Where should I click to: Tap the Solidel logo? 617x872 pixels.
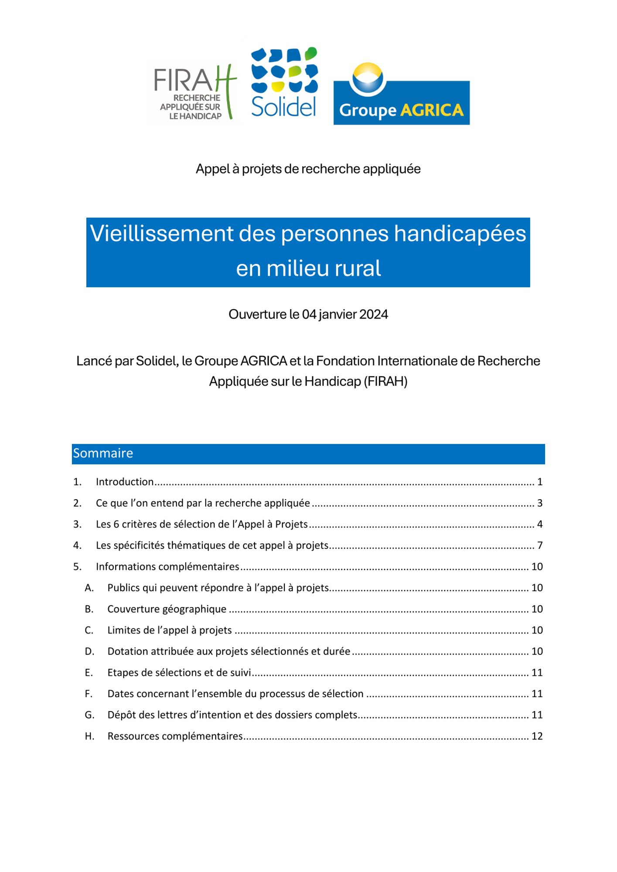pyautogui.click(x=284, y=83)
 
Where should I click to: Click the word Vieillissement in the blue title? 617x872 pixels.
pyautogui.click(x=162, y=234)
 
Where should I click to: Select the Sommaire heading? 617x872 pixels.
pyautogui.click(x=103, y=453)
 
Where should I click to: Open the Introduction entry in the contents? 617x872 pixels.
pyautogui.click(x=125, y=482)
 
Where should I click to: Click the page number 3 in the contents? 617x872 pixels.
pyautogui.click(x=539, y=503)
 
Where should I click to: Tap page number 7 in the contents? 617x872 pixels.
pyautogui.click(x=539, y=545)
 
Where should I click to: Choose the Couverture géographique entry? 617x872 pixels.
pyautogui.click(x=167, y=609)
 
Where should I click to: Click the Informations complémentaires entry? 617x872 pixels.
pyautogui.click(x=167, y=567)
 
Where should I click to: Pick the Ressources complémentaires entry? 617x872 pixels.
pyautogui.click(x=175, y=736)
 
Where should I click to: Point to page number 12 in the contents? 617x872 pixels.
pyautogui.click(x=537, y=736)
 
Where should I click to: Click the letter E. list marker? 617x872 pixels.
pyautogui.click(x=89, y=673)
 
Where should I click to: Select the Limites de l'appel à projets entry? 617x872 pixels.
pyautogui.click(x=170, y=630)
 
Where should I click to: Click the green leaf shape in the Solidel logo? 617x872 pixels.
pyautogui.click(x=310, y=53)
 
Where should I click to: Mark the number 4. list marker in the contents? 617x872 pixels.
pyautogui.click(x=77, y=545)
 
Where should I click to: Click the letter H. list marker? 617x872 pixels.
pyautogui.click(x=89, y=736)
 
